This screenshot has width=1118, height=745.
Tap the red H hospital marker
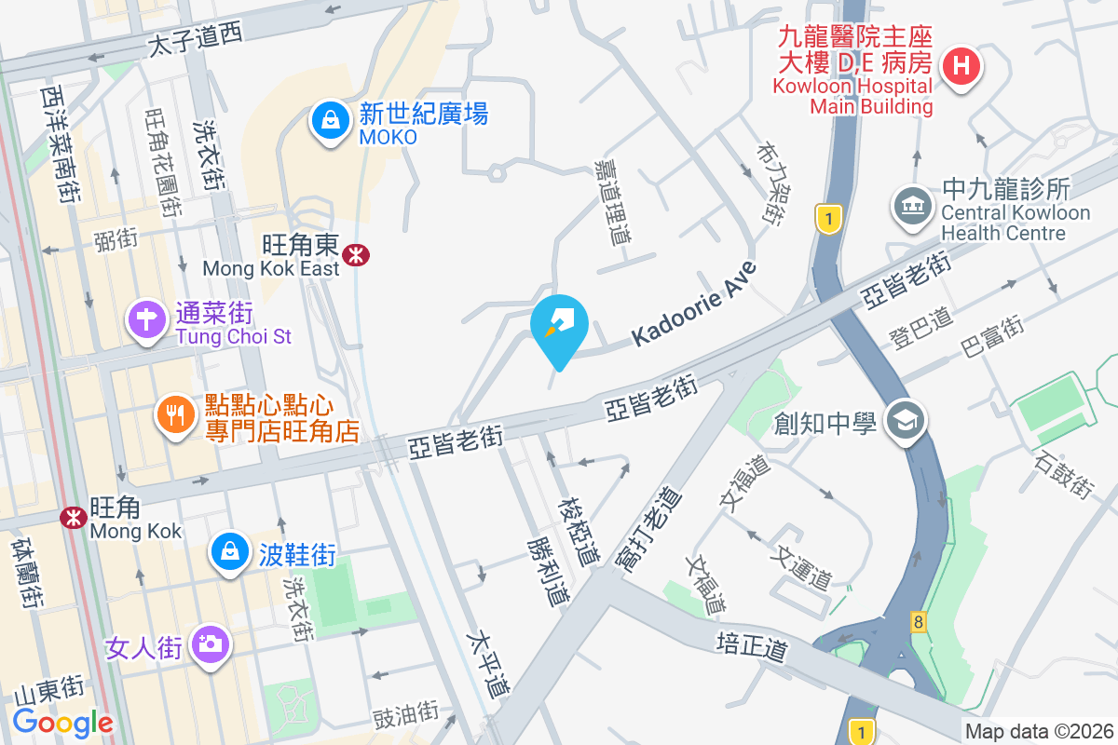(x=961, y=67)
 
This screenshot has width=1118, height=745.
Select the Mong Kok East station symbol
(x=354, y=254)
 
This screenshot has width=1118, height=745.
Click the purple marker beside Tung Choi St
(x=146, y=319)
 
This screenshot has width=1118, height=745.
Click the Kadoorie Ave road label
(x=694, y=304)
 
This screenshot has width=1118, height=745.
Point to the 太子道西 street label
(x=196, y=37)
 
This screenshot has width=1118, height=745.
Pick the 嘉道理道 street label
(x=611, y=201)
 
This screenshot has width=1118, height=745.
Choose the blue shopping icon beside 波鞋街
(x=229, y=551)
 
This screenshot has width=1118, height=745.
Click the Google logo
(x=62, y=723)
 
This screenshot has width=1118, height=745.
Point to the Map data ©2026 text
(x=1039, y=732)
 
